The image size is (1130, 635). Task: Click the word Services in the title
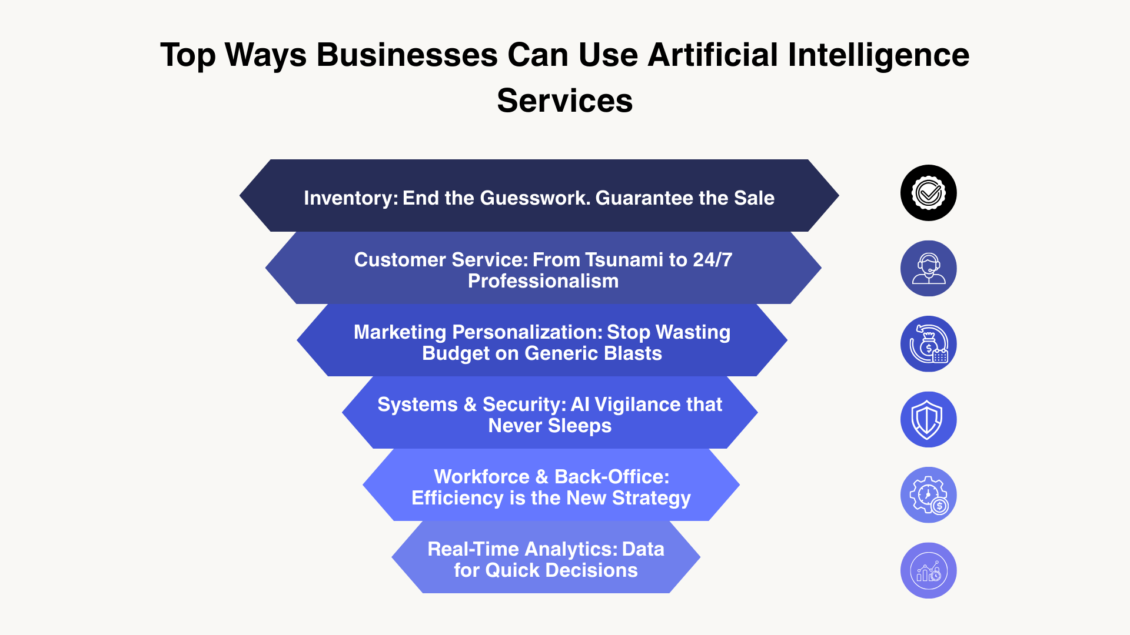[x=564, y=101]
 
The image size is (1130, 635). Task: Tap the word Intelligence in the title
[x=878, y=55]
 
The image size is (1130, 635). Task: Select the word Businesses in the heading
[x=407, y=55]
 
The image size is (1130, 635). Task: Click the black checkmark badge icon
[x=928, y=193]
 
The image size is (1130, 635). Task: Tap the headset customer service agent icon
[x=928, y=269]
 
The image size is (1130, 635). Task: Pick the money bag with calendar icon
[x=928, y=344]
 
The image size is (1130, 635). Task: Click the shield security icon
[x=928, y=420]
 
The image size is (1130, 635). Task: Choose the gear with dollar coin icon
[x=928, y=495]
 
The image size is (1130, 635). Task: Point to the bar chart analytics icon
[x=928, y=571]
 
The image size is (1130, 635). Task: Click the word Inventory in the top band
[x=350, y=198]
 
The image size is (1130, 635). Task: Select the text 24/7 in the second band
[x=712, y=260]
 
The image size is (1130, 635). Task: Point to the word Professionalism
[x=543, y=281]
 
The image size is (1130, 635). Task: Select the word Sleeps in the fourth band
[x=579, y=426]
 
